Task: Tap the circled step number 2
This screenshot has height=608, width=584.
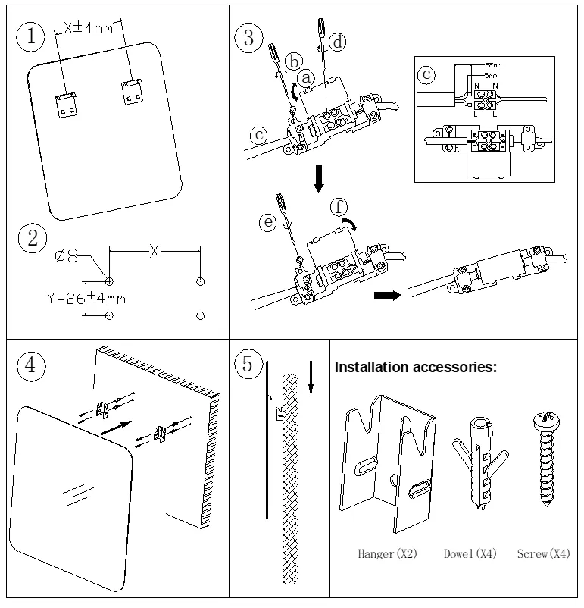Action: click(32, 239)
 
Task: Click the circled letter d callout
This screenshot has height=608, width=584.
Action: click(336, 42)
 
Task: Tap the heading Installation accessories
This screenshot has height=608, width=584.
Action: click(416, 368)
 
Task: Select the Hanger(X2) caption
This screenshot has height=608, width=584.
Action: click(388, 555)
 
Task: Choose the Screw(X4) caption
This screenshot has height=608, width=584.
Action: click(543, 555)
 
